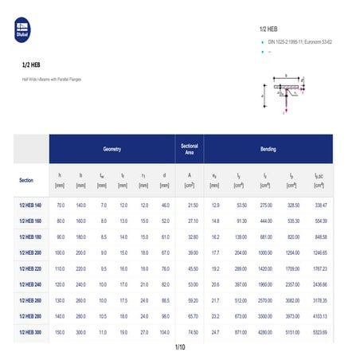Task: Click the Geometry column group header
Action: (112, 149)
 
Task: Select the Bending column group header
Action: (268, 149)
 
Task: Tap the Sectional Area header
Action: (190, 149)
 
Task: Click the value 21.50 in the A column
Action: (192, 205)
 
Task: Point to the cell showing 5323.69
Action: (320, 331)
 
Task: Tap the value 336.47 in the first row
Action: (320, 205)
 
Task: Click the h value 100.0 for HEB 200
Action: (61, 252)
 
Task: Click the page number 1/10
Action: (179, 348)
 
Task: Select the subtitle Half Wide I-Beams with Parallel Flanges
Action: (51, 80)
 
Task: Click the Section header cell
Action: (26, 180)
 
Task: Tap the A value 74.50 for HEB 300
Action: (192, 331)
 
